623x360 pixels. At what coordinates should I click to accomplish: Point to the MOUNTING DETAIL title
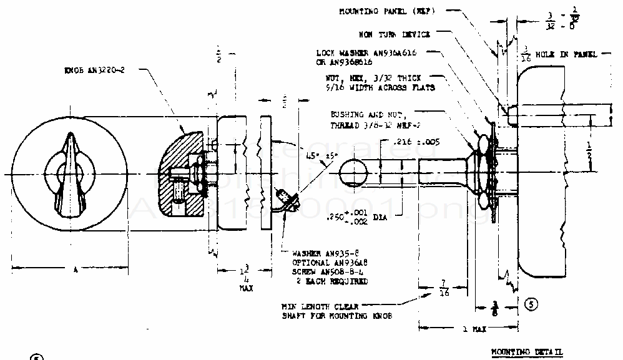click(526, 352)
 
